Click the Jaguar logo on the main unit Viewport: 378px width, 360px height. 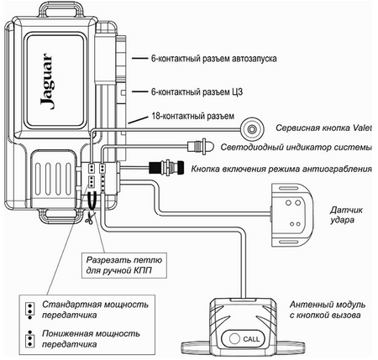46,81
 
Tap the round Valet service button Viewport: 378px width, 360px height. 253,129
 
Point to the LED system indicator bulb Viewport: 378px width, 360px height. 201,146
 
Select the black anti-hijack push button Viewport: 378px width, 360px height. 166,168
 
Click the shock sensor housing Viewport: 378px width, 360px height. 291,215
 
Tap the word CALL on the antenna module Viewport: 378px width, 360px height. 251,339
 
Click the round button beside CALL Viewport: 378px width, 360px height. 234,339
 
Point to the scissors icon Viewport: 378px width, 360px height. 90,217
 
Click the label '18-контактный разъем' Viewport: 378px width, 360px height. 192,116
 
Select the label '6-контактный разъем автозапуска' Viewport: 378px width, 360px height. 214,59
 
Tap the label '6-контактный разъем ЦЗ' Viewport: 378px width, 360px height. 197,91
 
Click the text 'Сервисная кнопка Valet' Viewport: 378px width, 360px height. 324,128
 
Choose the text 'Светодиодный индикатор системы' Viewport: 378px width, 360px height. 297,147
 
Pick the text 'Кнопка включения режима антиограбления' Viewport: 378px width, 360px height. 281,169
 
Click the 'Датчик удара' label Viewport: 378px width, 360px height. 342,215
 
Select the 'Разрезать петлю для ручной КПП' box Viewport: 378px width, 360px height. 124,265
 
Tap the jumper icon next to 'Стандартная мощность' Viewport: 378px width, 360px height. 29,310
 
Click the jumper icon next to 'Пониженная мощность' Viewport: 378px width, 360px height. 29,338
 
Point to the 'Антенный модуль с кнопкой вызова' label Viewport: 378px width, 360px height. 328,310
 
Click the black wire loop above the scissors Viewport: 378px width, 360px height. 92,201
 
